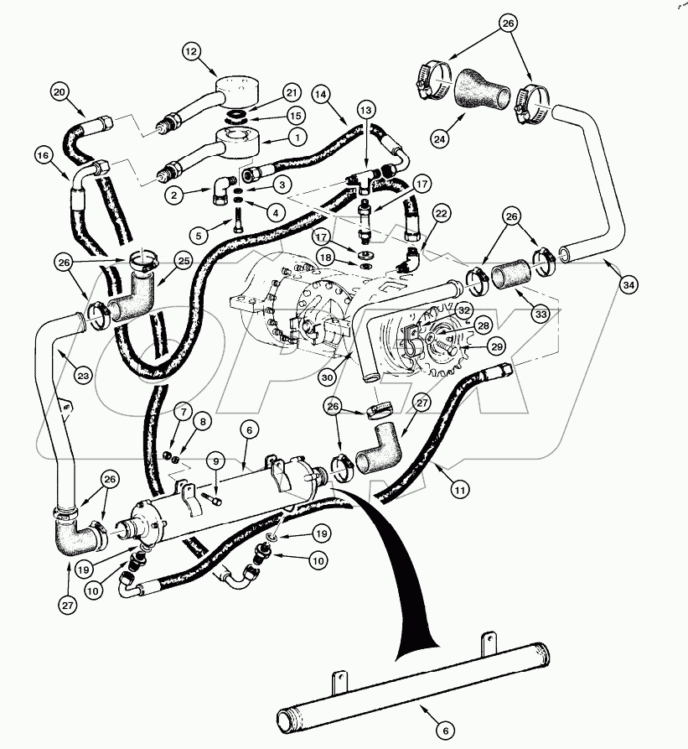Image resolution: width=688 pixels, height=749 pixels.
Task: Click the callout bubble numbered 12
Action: [x=192, y=52]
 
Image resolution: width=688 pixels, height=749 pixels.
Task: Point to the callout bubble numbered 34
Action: [x=628, y=285]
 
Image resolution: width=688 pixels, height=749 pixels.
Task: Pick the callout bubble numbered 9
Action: [x=215, y=460]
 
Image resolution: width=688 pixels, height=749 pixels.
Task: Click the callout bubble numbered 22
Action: [x=440, y=215]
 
